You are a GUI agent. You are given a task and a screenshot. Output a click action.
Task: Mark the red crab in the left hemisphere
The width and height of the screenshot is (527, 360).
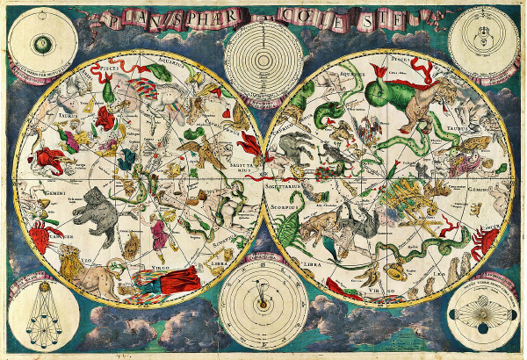40,234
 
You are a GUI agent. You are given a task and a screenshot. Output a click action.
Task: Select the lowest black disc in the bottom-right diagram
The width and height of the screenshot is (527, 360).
481,328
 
